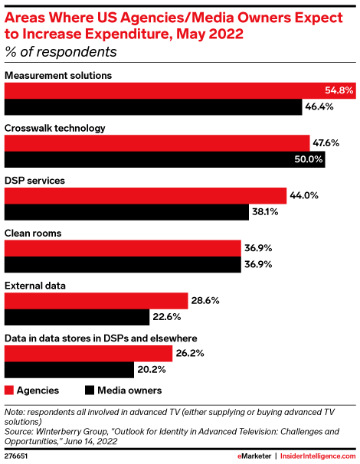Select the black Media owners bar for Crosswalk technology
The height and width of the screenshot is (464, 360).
click(x=165, y=159)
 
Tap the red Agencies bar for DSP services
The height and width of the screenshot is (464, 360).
click(x=146, y=195)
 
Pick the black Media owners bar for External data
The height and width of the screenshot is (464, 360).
click(x=77, y=317)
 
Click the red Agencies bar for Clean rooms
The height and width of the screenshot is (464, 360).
click(x=123, y=248)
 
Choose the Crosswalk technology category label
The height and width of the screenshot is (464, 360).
click(x=55, y=128)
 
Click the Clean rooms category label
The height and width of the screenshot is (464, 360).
click(x=33, y=233)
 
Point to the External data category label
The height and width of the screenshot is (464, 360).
click(x=35, y=286)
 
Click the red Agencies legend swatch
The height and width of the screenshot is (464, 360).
click(x=10, y=390)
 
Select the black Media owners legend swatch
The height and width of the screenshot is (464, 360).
click(x=90, y=390)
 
